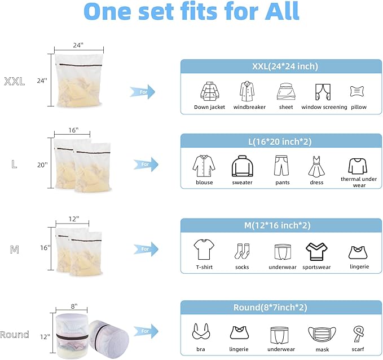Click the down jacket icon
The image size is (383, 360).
(x=209, y=91)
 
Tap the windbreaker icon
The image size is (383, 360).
(x=246, y=91)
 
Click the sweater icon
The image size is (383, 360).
(x=241, y=166)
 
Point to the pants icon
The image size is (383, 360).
(x=281, y=166)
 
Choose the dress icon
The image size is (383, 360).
(x=316, y=167)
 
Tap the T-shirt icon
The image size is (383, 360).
(x=203, y=249)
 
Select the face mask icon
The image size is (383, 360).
(x=319, y=334)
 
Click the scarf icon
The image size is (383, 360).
(x=357, y=333)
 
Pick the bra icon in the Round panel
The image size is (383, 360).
(x=201, y=331)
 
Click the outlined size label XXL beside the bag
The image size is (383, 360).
(x=14, y=82)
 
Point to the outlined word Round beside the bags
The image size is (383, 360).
(x=15, y=335)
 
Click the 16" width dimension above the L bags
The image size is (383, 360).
(x=73, y=130)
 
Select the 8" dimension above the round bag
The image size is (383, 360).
(x=74, y=306)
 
